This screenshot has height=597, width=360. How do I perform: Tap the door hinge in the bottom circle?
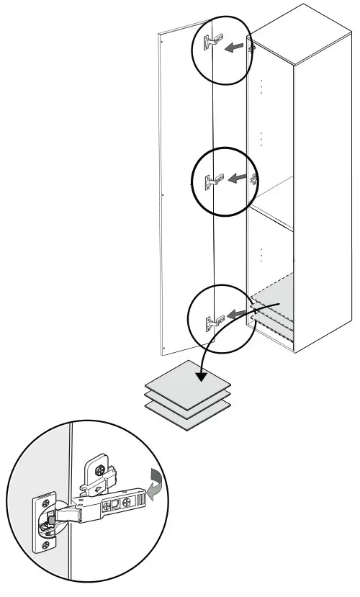[210, 320]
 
